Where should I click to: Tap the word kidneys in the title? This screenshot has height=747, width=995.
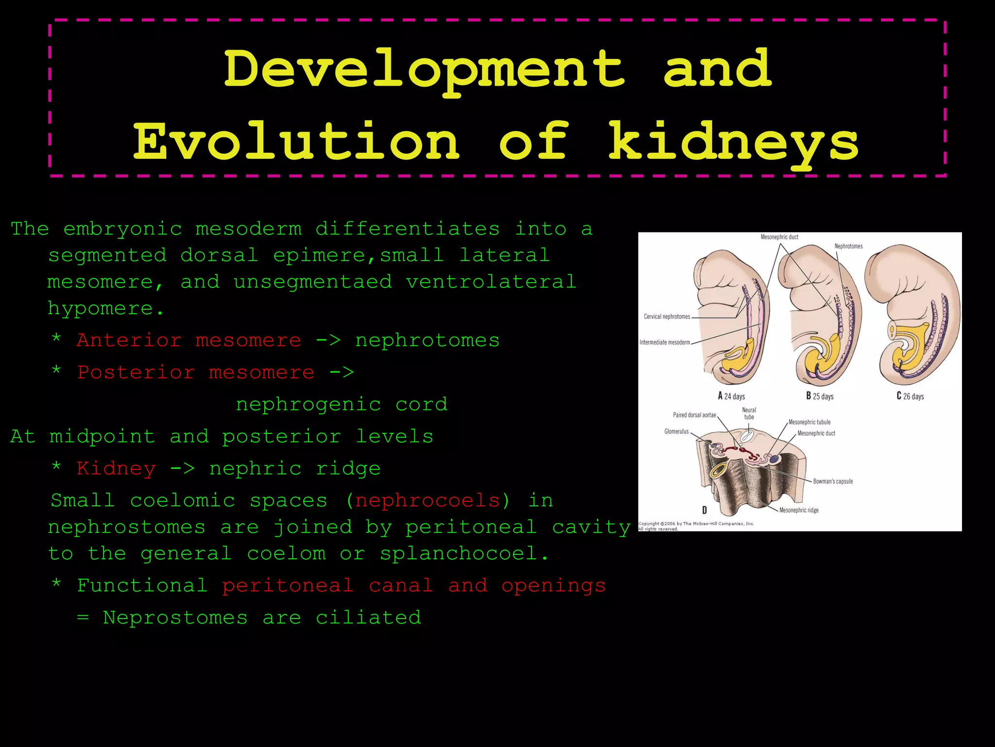point(734,142)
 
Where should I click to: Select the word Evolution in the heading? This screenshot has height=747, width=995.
point(296,142)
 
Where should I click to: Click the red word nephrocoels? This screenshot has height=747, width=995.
point(428,500)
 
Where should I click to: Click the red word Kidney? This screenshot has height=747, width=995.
point(116,468)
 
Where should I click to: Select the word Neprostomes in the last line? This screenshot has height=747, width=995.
point(175,618)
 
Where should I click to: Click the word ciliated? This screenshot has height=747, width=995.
point(368,618)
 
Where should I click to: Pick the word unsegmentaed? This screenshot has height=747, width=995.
point(312,282)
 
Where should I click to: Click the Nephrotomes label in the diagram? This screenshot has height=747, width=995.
point(848,246)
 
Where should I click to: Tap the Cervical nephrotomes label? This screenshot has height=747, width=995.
point(667,317)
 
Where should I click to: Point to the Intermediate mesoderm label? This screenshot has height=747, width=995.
point(664,342)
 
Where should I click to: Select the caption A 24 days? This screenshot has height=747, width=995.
point(731,396)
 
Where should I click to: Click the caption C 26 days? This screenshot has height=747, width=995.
point(910,396)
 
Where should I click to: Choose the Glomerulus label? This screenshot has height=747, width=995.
point(676,431)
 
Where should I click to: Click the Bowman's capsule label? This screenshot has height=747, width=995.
point(833,481)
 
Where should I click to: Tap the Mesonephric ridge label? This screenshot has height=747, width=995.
point(799,510)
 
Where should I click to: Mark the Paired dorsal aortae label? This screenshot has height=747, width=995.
point(694,415)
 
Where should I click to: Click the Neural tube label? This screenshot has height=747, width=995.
point(749,413)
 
